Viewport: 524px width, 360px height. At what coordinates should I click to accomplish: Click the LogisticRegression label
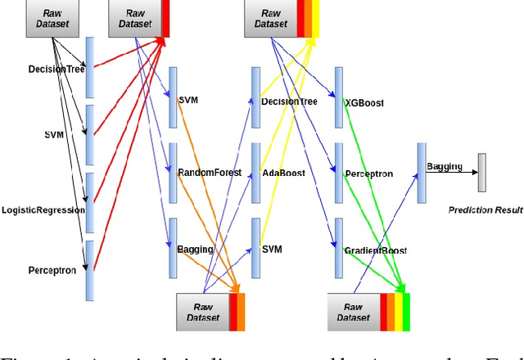(x=43, y=209)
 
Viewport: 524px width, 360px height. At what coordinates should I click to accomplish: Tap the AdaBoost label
(x=283, y=173)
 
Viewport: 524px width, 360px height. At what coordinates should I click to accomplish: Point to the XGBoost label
(x=364, y=103)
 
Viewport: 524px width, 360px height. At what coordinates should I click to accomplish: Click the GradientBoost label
(x=375, y=250)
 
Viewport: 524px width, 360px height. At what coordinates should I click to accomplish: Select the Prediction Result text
(x=486, y=210)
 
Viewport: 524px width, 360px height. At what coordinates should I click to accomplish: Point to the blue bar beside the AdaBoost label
(x=255, y=173)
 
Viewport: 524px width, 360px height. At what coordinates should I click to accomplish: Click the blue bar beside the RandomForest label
(x=173, y=173)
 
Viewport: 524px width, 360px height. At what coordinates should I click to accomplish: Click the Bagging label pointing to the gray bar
(x=444, y=166)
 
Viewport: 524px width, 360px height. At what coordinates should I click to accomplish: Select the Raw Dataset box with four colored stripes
(x=354, y=311)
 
